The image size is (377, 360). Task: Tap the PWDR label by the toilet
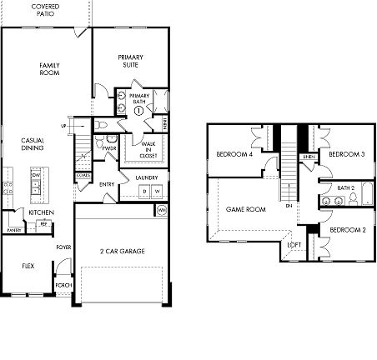coord(108,148)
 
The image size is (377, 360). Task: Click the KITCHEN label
coord(41,213)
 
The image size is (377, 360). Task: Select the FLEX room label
coord(28,267)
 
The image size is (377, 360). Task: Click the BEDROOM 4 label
coord(234,154)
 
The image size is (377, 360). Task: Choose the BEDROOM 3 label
coord(346,154)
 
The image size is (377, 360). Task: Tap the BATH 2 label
coord(347,188)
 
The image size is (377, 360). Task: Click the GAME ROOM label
coord(245,209)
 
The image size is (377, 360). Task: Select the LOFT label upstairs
coord(294,245)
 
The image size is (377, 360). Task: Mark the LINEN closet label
coord(308,156)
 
